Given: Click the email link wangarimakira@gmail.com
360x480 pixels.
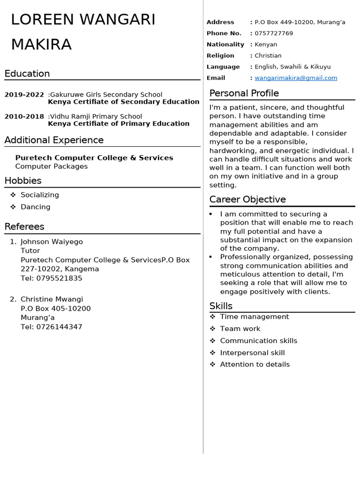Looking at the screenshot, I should point(296,78).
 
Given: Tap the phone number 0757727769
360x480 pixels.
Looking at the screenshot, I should point(274,33).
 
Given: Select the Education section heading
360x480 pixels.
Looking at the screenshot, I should point(27,74).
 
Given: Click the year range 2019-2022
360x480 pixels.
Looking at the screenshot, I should point(24,95).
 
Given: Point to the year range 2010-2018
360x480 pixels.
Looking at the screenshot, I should point(24,116).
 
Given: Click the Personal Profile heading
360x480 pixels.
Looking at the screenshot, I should point(244,93).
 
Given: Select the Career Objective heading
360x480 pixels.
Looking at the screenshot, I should point(247,199).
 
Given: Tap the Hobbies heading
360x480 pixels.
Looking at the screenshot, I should point(23,180).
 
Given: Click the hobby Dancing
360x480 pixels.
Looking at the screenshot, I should point(36,207).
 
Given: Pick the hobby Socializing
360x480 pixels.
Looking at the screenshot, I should point(40,195).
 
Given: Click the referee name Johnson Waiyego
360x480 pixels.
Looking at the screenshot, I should point(52,242).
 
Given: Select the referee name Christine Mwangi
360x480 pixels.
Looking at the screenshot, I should point(52,299).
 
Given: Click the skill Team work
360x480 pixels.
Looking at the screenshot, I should point(240,329).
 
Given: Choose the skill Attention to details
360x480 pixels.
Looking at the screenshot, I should point(255,364).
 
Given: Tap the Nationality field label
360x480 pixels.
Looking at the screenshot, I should point(225,45).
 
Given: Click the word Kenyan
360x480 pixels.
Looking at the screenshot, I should point(266,45).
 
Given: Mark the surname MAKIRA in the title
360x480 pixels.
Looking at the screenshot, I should point(41,45).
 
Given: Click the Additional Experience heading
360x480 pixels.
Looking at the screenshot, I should point(54,140).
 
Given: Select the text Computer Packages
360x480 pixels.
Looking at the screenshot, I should point(52,166).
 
